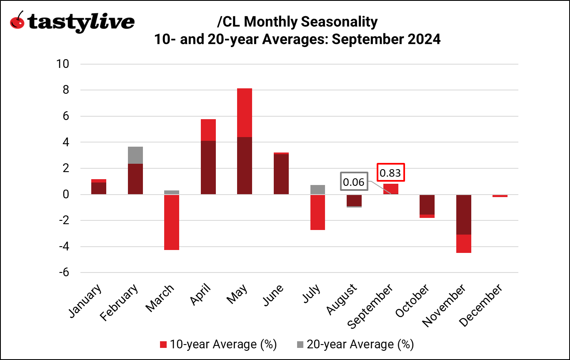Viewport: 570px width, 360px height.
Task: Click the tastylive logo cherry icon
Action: click(x=17, y=21)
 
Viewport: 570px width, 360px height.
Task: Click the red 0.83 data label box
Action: click(x=391, y=172)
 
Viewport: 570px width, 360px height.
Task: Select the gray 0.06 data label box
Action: click(x=354, y=182)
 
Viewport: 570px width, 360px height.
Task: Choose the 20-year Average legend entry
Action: click(x=355, y=345)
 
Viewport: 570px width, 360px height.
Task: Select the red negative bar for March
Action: click(x=172, y=222)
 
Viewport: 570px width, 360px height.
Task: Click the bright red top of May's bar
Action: click(x=245, y=112)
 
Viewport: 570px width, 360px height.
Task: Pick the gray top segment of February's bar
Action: click(x=135, y=155)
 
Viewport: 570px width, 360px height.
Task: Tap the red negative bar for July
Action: click(x=317, y=212)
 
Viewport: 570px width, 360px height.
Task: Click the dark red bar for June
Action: click(x=281, y=174)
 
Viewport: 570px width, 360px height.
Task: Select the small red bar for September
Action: click(x=391, y=189)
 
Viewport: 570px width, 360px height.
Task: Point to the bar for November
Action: click(x=464, y=223)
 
